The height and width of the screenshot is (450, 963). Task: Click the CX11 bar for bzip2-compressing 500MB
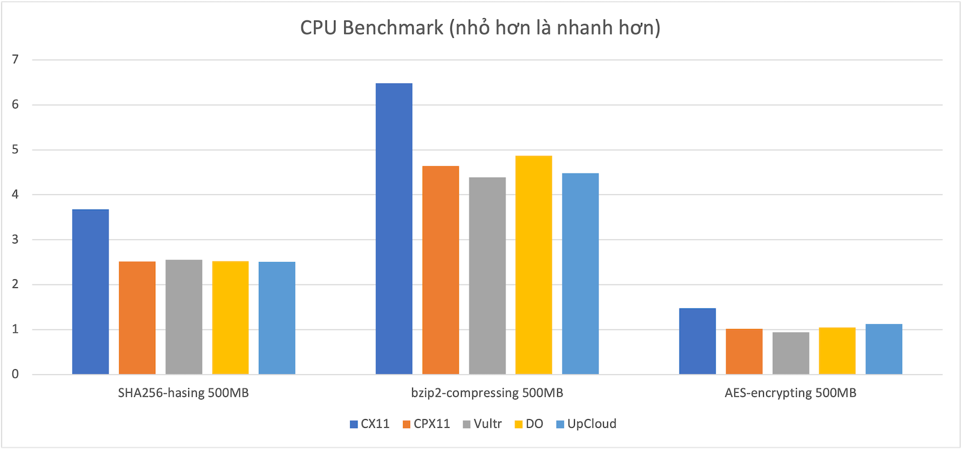click(394, 229)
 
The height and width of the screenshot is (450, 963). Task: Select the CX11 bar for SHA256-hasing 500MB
click(90, 292)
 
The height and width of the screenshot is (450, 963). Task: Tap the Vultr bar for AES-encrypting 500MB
click(790, 353)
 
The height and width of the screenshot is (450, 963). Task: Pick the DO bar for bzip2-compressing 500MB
click(533, 265)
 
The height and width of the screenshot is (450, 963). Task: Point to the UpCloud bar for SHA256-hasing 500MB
click(277, 318)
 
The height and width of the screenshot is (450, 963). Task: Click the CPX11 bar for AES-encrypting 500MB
click(744, 351)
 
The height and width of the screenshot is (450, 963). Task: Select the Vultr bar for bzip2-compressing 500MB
click(487, 276)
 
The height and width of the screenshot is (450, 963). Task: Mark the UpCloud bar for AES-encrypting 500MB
click(884, 349)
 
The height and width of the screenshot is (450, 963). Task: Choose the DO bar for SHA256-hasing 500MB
click(230, 317)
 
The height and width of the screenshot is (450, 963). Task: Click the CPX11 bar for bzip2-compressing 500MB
click(441, 270)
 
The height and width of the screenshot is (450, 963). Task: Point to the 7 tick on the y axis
click(16, 60)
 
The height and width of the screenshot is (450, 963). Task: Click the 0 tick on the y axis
click(16, 374)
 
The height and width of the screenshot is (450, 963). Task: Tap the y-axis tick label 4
click(16, 195)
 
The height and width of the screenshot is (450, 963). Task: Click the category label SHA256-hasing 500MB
click(183, 393)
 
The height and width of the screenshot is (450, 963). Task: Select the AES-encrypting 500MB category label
click(790, 393)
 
